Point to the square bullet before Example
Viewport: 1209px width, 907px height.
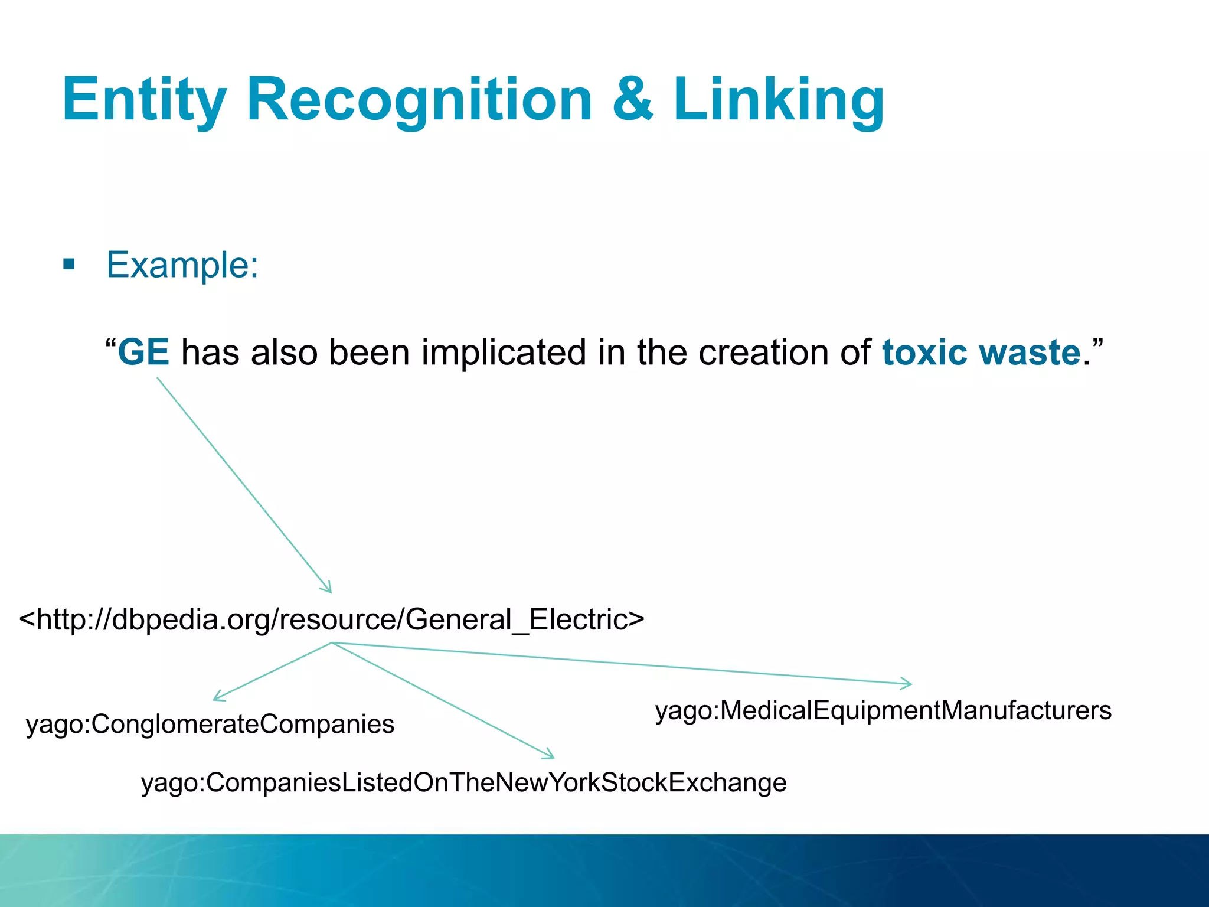tap(69, 264)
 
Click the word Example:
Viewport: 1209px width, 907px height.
tap(182, 265)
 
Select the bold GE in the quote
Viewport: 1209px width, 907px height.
tap(143, 353)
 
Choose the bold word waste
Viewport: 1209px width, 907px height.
tap(1030, 353)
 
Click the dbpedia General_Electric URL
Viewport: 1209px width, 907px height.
tap(332, 619)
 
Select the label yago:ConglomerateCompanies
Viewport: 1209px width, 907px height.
tap(210, 724)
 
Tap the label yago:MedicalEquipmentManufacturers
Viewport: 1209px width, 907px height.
tap(883, 710)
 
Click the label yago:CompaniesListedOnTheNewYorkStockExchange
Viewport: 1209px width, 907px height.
tap(463, 782)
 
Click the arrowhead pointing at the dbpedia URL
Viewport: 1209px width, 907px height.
tap(328, 588)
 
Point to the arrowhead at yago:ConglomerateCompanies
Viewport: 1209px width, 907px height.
tap(217, 698)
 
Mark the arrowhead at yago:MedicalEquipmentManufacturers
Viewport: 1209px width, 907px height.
tap(908, 684)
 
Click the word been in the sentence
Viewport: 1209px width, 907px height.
tap(369, 353)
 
